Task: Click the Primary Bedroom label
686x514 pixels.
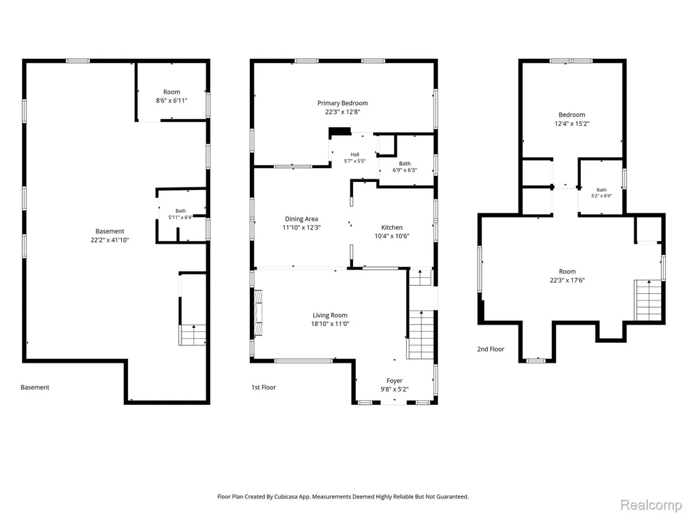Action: click(342, 103)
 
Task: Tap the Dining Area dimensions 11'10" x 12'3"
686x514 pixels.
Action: click(301, 228)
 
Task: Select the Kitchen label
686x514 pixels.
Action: click(392, 228)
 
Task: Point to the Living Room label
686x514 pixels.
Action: click(330, 315)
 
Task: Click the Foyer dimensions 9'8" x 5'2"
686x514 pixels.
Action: click(394, 390)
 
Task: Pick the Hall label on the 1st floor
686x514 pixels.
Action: click(355, 155)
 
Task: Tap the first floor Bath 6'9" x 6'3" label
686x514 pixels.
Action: click(405, 167)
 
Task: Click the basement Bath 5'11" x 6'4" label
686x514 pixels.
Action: click(181, 213)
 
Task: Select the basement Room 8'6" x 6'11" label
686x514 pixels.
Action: click(171, 96)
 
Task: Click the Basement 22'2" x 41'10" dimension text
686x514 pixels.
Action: click(110, 240)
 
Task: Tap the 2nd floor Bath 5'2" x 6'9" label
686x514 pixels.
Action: click(602, 193)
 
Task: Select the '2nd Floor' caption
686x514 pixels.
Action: click(490, 349)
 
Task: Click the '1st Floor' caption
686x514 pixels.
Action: click(263, 388)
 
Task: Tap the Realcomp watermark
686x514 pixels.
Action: click(651, 505)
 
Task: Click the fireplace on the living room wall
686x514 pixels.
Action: click(259, 313)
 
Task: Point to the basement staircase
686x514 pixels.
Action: click(192, 335)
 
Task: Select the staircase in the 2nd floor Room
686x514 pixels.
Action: click(648, 301)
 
